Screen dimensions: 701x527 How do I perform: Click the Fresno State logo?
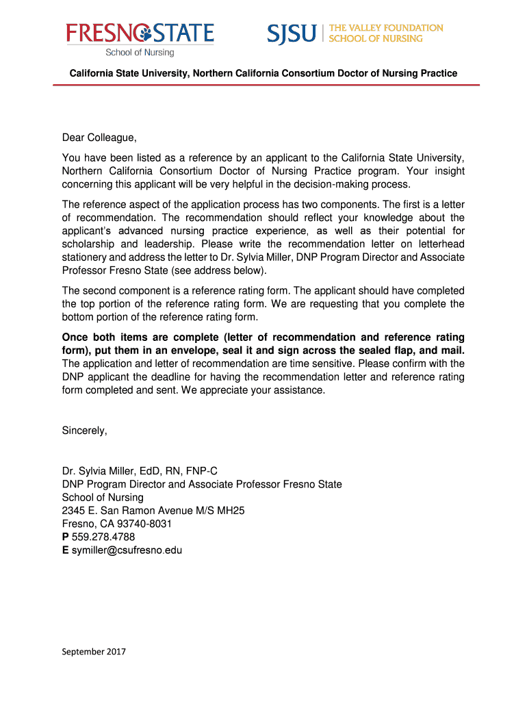pos(140,33)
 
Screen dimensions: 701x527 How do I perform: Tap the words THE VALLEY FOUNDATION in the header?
pos(386,28)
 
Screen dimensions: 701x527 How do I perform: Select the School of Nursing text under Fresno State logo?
pos(140,52)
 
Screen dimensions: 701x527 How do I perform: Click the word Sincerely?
pos(84,431)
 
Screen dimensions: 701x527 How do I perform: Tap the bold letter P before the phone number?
pos(65,537)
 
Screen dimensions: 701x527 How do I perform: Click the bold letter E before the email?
pos(65,550)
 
